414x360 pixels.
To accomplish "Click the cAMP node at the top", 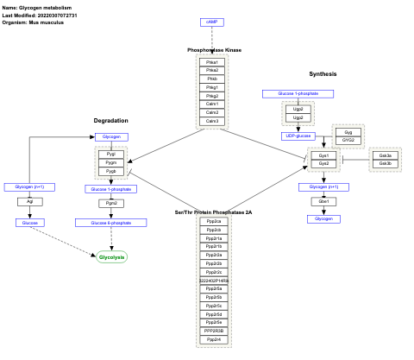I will [211, 22].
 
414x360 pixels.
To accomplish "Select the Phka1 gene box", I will [211, 62].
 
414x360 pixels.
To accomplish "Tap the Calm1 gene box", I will [211, 104].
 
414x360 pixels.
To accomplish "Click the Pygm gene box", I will [110, 162].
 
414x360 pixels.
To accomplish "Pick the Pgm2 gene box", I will [110, 203].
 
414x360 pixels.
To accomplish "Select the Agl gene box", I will [30, 202].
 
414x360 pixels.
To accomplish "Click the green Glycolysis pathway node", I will [112, 257].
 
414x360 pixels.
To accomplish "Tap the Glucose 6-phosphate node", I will [110, 223].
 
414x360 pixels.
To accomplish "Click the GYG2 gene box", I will [348, 140].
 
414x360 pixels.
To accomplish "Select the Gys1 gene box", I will [323, 155].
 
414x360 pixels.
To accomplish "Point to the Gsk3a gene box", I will [385, 155].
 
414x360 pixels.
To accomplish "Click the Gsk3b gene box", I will [385, 163].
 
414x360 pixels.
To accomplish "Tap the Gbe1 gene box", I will [323, 202].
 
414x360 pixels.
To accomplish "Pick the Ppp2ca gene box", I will [213, 222].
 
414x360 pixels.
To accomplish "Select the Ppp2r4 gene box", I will [213, 339].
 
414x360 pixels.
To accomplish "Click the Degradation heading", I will [110, 120].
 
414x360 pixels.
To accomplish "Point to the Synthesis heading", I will [323, 73].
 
